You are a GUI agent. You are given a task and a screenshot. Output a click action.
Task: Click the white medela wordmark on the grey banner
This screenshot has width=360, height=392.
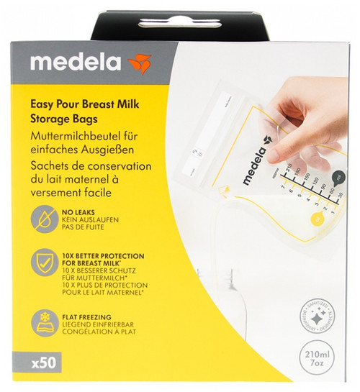76,62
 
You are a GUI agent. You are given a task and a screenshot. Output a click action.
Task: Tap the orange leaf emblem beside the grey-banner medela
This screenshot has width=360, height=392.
139,63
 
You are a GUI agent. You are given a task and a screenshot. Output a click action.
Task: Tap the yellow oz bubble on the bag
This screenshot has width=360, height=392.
315,219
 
